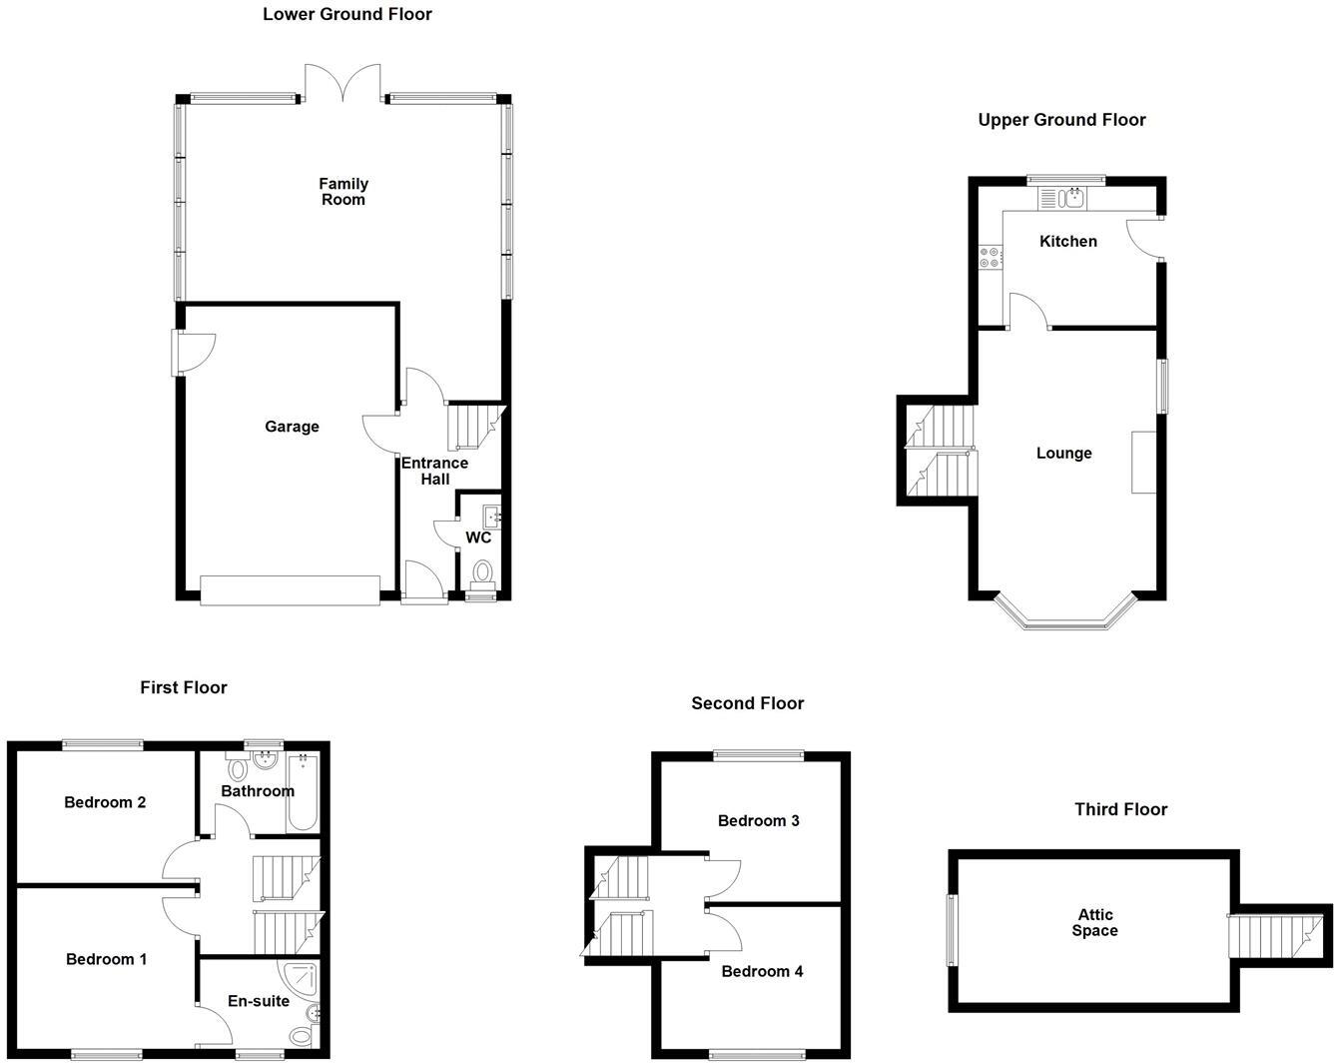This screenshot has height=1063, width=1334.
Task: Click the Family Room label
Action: pyautogui.click(x=343, y=191)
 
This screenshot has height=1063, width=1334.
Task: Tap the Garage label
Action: pyautogui.click(x=292, y=427)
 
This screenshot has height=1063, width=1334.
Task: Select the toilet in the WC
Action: pyautogui.click(x=483, y=572)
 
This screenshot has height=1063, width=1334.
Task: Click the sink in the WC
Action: pyautogui.click(x=491, y=518)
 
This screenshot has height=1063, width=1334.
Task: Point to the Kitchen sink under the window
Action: pyautogui.click(x=1073, y=198)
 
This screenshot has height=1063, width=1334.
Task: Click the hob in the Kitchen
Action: pyautogui.click(x=991, y=257)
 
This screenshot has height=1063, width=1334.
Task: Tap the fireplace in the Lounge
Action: pyautogui.click(x=1143, y=462)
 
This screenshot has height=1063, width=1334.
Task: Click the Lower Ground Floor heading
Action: pyautogui.click(x=347, y=14)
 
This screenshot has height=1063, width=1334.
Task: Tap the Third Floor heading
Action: pyautogui.click(x=1120, y=809)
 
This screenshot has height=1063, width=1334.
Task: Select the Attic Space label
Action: pyautogui.click(x=1094, y=922)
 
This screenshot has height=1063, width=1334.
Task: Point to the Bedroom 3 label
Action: pyautogui.click(x=758, y=821)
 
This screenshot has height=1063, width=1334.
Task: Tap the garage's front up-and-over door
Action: pyautogui.click(x=290, y=589)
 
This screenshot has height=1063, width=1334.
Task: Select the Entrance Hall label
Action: pyautogui.click(x=434, y=471)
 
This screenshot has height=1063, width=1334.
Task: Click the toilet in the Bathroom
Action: pyautogui.click(x=238, y=769)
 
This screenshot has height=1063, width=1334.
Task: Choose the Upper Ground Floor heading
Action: pyautogui.click(x=1061, y=120)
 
